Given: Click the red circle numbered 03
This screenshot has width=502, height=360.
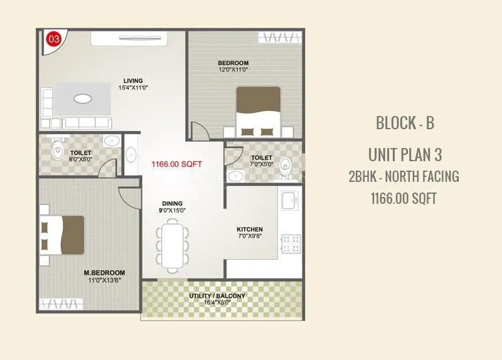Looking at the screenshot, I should (54, 39).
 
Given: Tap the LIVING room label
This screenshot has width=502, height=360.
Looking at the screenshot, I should (133, 81).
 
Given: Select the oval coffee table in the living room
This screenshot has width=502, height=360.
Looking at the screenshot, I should (82, 98).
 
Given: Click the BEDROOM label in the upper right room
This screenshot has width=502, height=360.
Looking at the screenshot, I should (233, 63).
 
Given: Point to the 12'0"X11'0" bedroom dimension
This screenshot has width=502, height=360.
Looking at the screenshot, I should (233, 70).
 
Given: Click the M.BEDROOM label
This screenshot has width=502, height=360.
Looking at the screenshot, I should (105, 273).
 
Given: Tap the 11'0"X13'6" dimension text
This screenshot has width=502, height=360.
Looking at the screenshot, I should (105, 280).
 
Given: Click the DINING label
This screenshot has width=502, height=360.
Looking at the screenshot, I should (172, 203).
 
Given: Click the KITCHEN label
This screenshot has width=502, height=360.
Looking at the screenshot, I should (250, 229).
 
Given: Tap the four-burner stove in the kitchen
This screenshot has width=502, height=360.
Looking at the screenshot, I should (292, 243).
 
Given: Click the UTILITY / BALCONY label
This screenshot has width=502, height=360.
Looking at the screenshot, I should (218, 295).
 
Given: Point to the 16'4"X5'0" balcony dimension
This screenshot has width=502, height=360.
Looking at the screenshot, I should (218, 302).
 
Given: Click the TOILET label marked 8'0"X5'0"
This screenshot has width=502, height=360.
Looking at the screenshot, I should (81, 152).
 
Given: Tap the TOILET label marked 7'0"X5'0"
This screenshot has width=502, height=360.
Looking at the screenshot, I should (261, 157).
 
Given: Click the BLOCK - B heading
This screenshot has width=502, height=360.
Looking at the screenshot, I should (405, 123).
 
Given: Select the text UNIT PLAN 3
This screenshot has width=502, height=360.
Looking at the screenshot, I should (405, 154).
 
